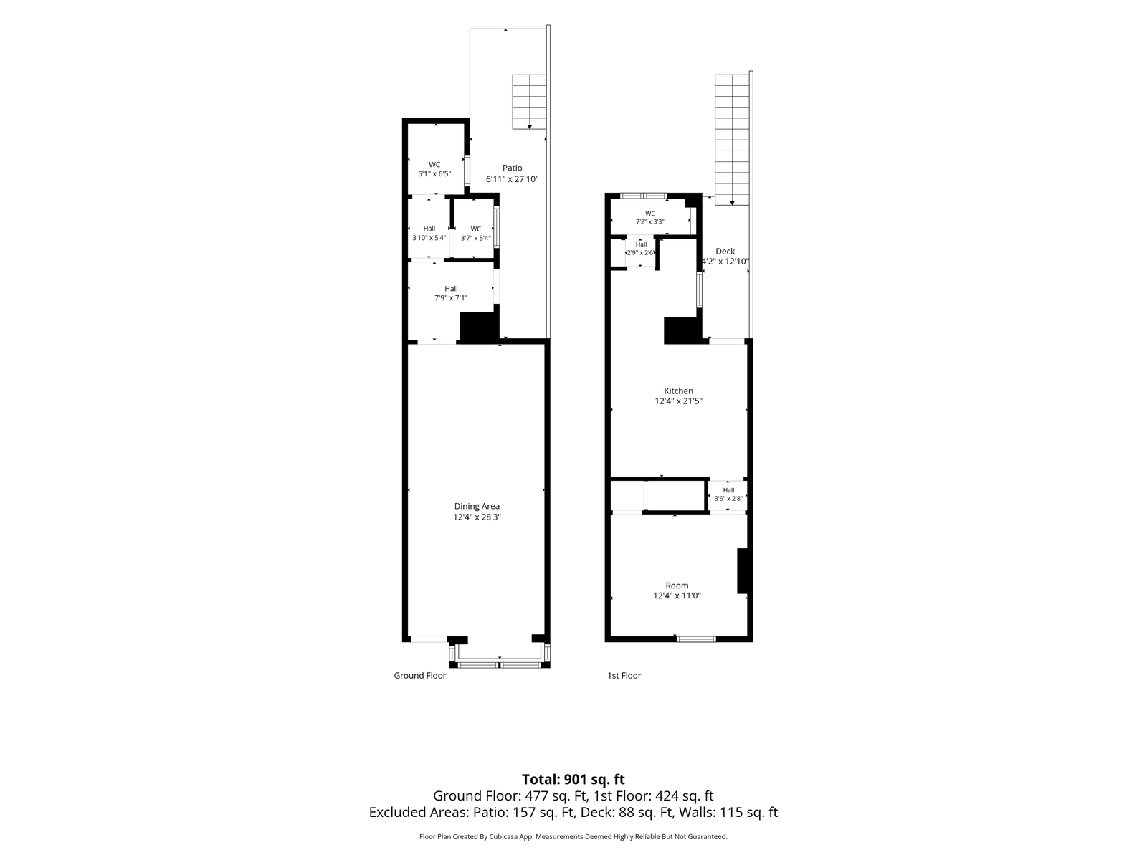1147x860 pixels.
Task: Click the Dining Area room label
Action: coord(477,506)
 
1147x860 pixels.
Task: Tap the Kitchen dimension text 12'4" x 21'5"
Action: coord(678,401)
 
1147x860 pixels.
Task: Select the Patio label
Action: coord(512,168)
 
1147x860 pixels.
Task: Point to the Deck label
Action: coord(725,251)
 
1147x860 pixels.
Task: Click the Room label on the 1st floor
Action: coord(677,586)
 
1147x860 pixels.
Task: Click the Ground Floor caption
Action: coord(419,675)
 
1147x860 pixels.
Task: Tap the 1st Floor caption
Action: coord(624,675)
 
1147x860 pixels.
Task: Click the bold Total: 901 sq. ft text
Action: coord(573,779)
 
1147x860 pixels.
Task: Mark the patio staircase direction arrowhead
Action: coord(529,127)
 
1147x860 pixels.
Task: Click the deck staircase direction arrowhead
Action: coord(732,203)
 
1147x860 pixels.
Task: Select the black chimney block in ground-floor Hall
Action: coord(477,328)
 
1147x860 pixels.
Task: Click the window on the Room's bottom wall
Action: coord(695,639)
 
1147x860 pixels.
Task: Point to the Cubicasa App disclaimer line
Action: coord(573,836)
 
